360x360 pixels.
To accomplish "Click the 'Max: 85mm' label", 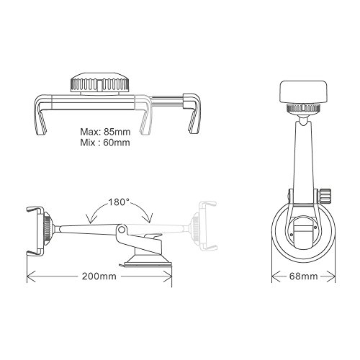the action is tap(105, 132).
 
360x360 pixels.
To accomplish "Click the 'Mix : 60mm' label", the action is tap(105, 143).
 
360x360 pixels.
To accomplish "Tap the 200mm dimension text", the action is tap(99, 276).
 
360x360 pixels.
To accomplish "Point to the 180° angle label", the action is tap(120, 202).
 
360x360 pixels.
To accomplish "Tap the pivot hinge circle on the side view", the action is tap(122, 230).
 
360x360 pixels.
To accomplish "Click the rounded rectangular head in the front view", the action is tap(303, 91).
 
